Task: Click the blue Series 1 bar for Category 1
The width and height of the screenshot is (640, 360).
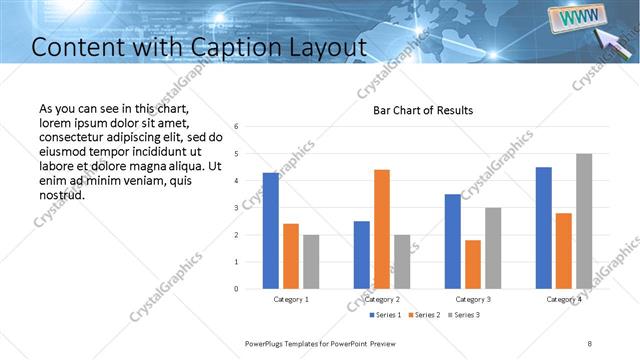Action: point(270,231)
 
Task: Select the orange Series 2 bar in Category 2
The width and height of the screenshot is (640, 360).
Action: point(382,229)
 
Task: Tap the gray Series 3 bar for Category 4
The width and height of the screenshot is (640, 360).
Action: point(584,221)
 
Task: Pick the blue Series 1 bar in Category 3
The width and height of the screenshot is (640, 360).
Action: point(453,241)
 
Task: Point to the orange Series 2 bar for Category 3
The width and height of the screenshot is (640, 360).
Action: point(473,264)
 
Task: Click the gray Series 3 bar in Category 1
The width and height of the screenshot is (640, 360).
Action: point(311,262)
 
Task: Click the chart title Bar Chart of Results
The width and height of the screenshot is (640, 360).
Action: point(423,110)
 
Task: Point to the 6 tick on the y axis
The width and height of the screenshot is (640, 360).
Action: point(236,127)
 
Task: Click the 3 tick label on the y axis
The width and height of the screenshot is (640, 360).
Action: point(236,208)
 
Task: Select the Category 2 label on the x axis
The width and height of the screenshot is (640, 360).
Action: point(382,299)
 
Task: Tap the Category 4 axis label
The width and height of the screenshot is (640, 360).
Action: point(564,299)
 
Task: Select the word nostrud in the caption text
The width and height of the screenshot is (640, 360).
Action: point(61,194)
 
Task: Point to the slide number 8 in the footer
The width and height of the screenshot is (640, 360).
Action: point(590,343)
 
